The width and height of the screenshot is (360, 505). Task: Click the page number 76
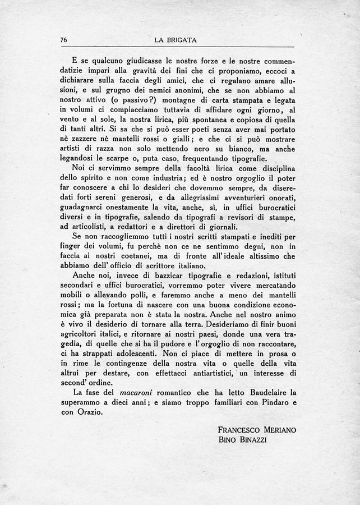tap(64, 40)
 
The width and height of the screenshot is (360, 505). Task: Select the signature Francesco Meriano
tap(257, 430)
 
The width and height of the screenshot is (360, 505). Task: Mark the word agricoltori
tap(81, 334)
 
